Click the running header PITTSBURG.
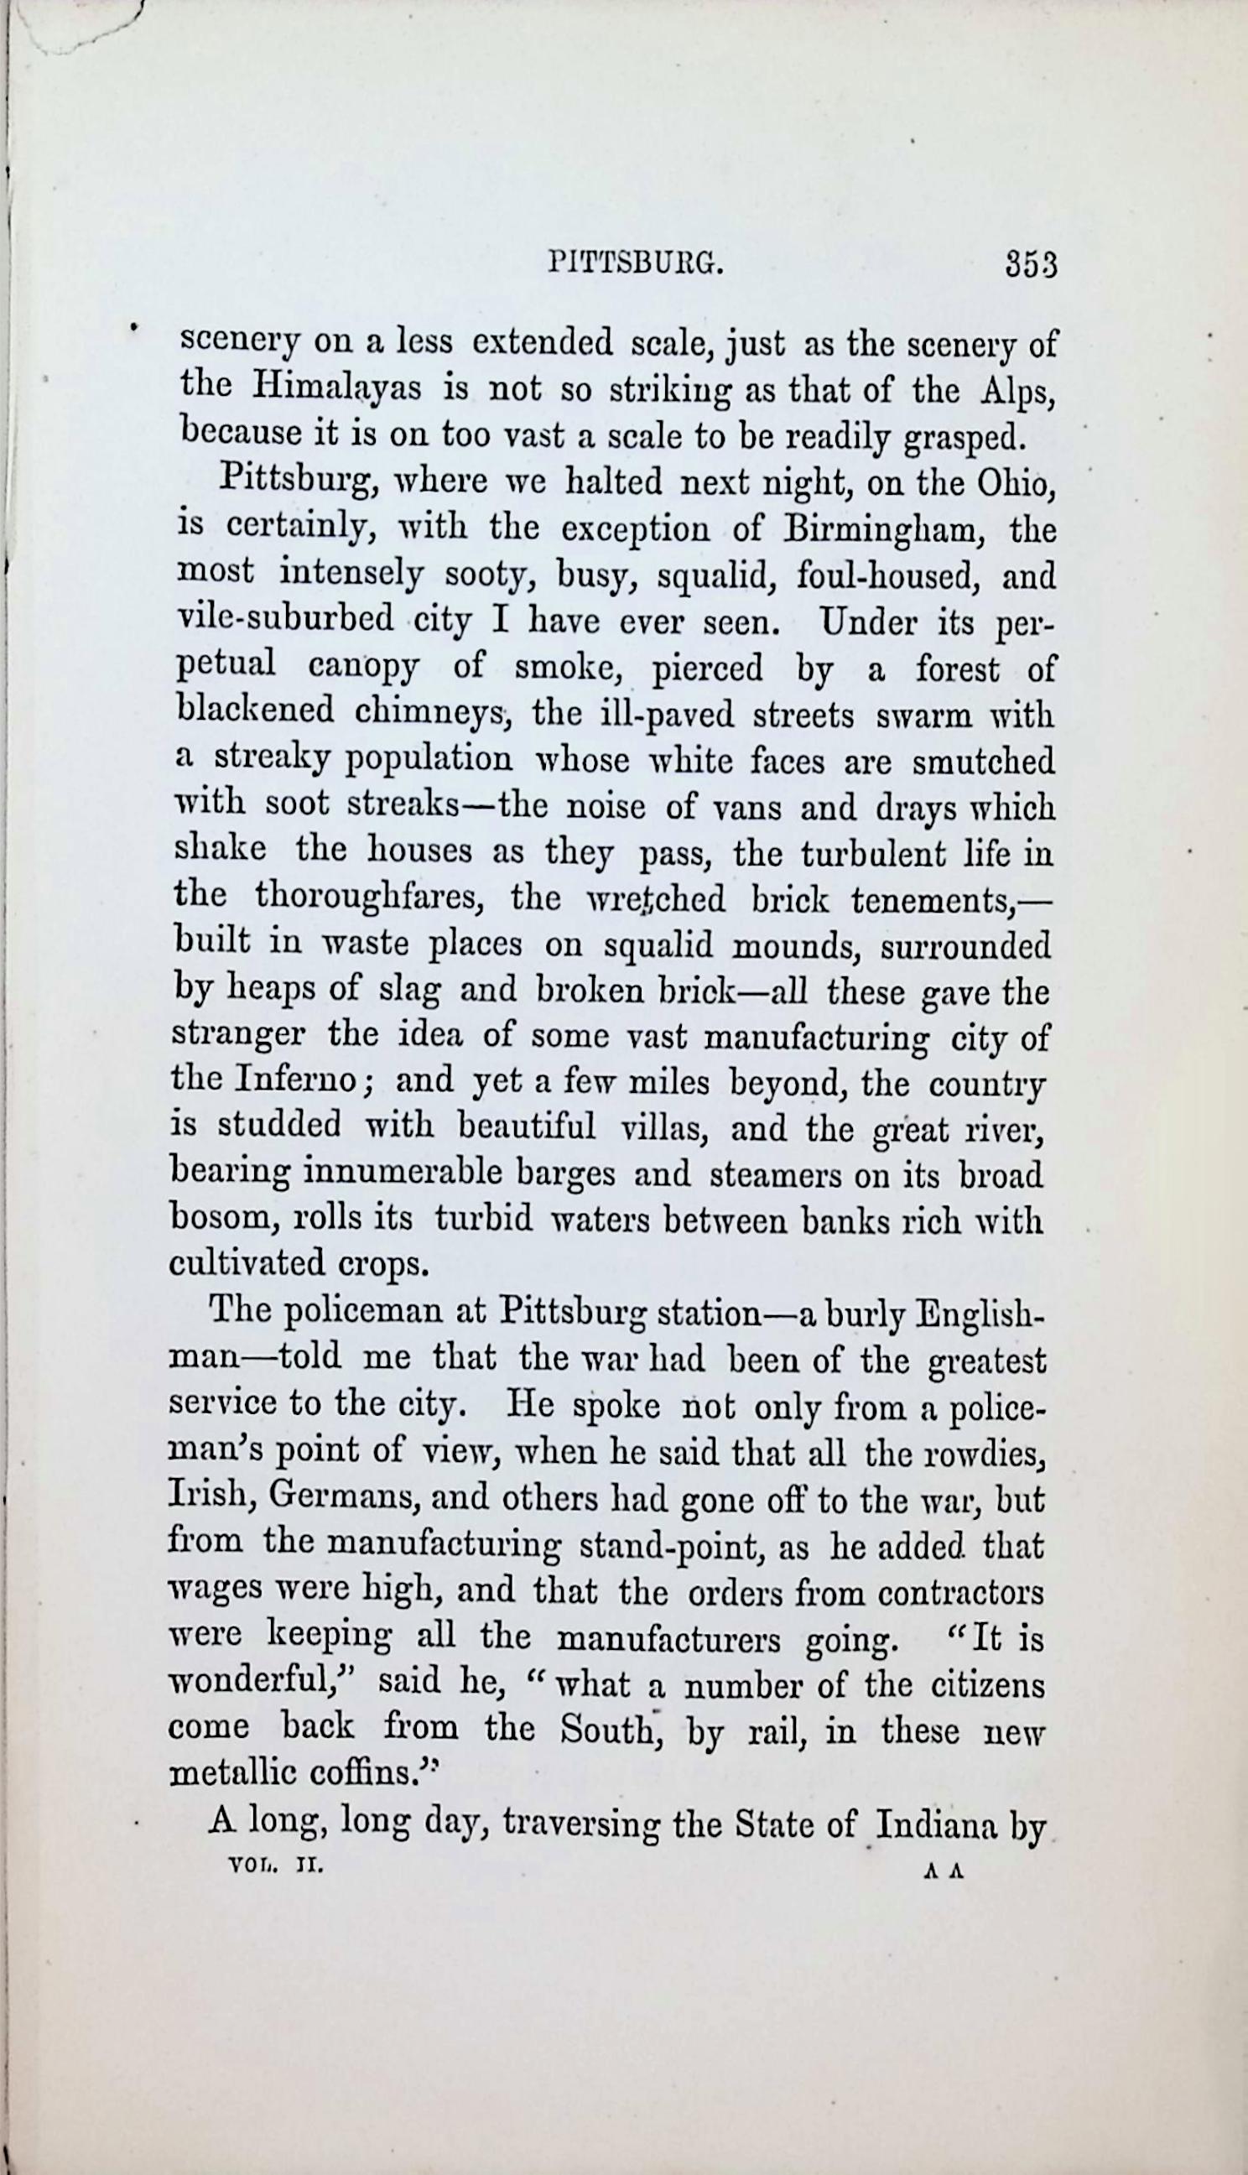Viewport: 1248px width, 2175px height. (635, 263)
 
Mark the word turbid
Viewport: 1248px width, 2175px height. (484, 1220)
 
